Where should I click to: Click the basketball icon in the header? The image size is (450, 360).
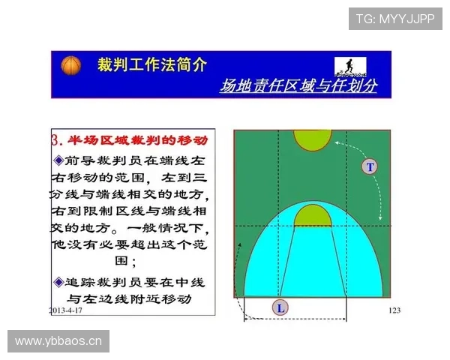[70, 66]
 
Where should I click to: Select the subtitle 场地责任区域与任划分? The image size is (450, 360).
[298, 86]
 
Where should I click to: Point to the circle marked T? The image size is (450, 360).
[369, 166]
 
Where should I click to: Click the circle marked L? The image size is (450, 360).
[280, 307]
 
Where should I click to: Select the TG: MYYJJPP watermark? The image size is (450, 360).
[395, 19]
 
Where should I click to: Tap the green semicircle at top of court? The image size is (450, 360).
[312, 139]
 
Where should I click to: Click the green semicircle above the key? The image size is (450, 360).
[312, 216]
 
